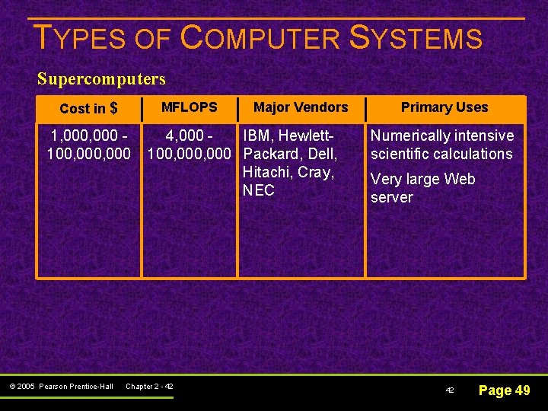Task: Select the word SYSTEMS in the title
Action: click(x=416, y=38)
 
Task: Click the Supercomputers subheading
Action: click(x=101, y=78)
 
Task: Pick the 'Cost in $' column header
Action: click(x=88, y=108)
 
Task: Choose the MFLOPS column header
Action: click(x=189, y=107)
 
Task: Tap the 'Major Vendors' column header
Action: click(x=301, y=107)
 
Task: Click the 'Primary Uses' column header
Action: click(x=444, y=107)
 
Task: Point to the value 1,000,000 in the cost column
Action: click(x=83, y=135)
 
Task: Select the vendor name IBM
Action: click(x=258, y=135)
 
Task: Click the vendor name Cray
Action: click(x=315, y=172)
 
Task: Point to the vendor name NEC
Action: click(x=258, y=190)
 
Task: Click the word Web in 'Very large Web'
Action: click(x=460, y=179)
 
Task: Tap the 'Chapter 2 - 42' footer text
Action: click(x=149, y=387)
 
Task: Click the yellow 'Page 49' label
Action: click(x=504, y=390)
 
